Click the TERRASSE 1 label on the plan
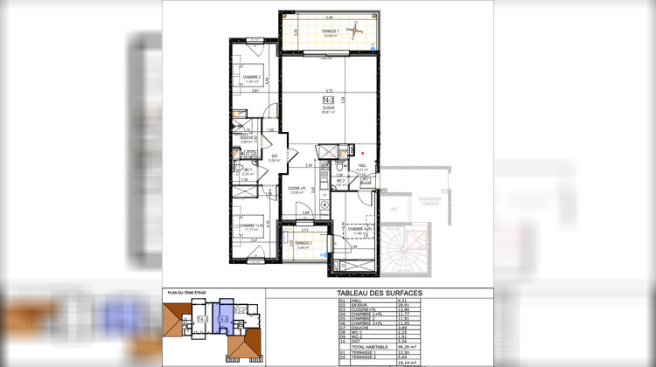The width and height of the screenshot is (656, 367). click(330, 31)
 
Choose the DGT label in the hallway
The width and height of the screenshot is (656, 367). click(273, 156)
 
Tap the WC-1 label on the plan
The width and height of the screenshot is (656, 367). click(248, 170)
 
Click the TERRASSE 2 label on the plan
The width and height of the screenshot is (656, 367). click(303, 243)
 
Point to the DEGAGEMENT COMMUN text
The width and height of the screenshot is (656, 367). click(429, 201)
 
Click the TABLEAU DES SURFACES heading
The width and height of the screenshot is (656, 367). click(379, 294)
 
